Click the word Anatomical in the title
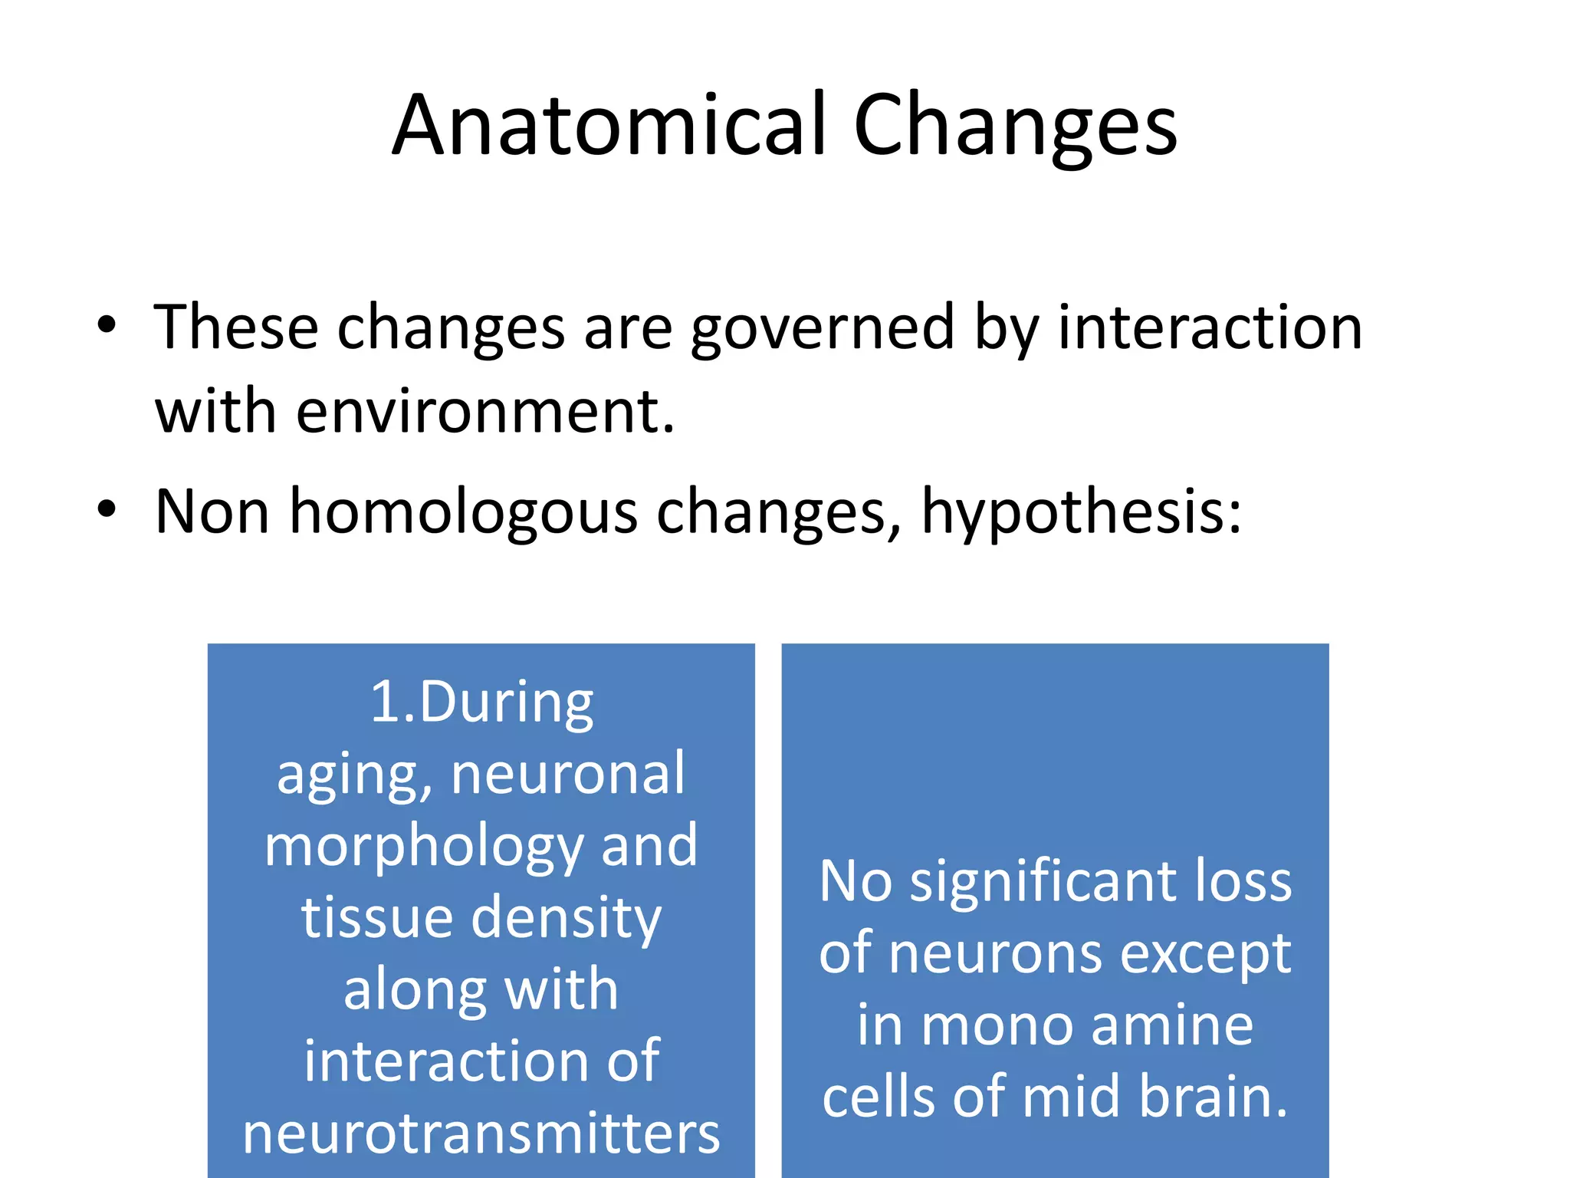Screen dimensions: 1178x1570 point(610,126)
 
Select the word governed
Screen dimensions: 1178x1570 point(823,328)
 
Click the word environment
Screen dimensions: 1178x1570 point(484,412)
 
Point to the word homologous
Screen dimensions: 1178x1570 point(463,512)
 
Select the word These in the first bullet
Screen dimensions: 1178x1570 point(236,328)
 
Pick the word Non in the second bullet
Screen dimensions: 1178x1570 point(212,512)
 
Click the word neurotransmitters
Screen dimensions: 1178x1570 point(481,1134)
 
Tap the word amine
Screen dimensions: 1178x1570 point(1172,1025)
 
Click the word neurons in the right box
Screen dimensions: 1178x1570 point(998,954)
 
